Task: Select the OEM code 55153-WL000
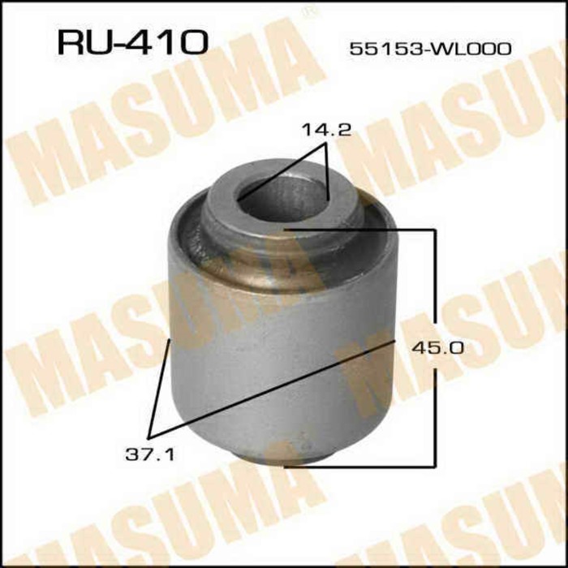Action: point(430,49)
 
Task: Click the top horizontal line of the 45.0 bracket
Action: point(361,230)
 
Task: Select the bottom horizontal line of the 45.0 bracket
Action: point(361,467)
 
